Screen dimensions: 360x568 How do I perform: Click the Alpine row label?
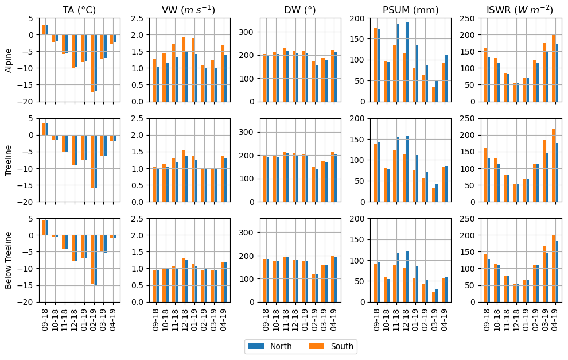tap(9, 60)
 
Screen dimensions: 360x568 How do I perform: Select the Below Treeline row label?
tap(9, 261)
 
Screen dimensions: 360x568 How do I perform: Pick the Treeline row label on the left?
tap(9, 160)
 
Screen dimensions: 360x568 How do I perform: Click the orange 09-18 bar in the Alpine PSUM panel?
tap(376, 65)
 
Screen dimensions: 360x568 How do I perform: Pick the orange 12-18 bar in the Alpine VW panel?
tap(184, 69)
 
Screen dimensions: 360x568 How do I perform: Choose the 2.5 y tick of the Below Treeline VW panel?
tap(138, 219)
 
